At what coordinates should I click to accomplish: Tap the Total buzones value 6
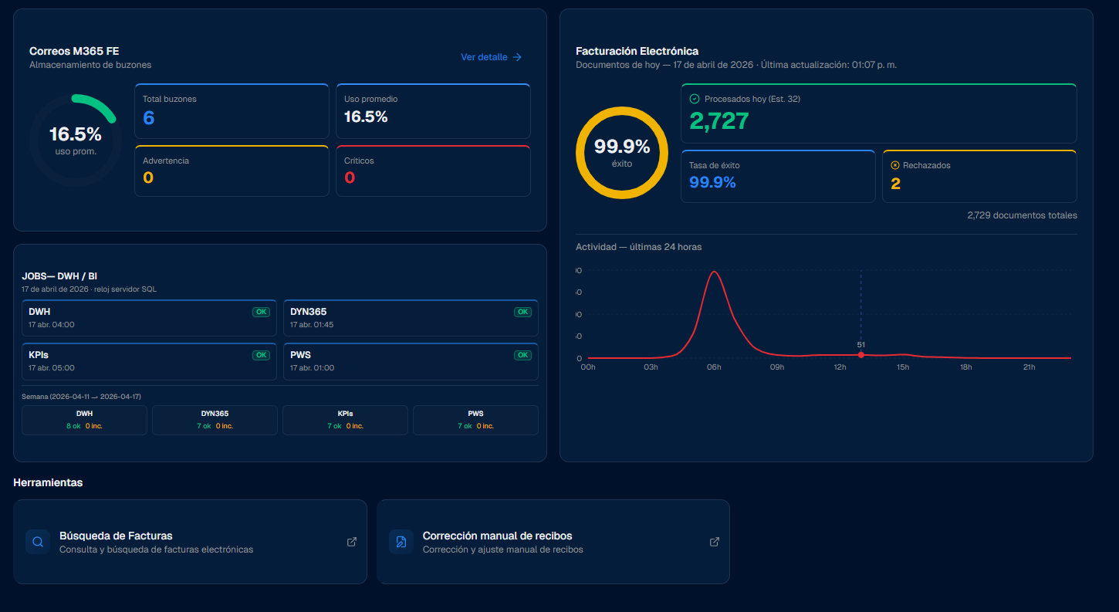pos(149,117)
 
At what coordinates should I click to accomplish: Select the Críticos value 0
pos(350,178)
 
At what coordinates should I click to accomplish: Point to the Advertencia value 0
pos(148,178)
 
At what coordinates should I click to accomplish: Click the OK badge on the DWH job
pos(262,312)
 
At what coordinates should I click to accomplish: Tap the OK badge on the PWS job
pos(523,355)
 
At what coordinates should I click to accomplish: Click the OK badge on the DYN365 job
pos(523,312)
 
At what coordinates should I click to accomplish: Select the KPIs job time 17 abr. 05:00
pos(52,368)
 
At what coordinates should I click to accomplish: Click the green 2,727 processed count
pos(718,121)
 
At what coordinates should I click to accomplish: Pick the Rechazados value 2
pos(895,184)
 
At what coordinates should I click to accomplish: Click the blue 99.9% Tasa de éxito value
pos(712,182)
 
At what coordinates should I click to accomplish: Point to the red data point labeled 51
pos(860,355)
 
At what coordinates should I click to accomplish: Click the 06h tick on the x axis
pos(714,367)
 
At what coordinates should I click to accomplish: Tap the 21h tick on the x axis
pos(1029,367)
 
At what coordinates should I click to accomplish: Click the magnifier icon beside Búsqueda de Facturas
pos(38,542)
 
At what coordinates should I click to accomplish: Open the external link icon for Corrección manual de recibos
pos(714,542)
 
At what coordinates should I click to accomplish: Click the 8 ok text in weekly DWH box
pos(73,426)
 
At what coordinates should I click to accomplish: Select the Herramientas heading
pos(48,482)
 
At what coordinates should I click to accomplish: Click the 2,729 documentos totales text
pos(1022,215)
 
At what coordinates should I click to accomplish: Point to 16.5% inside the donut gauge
pos(76,134)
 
